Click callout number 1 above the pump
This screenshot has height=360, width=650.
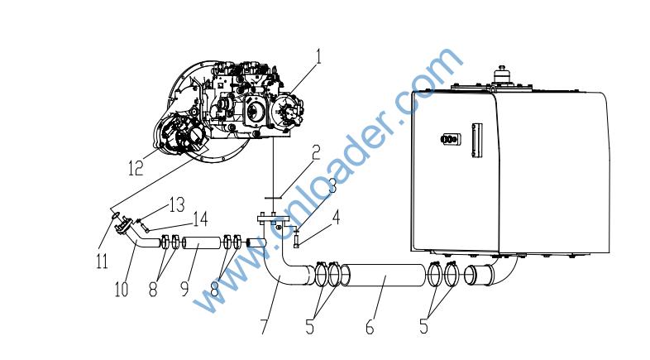pos(318,56)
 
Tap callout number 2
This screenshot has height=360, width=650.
pos(316,152)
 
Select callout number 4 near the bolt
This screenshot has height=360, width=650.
pos(337,217)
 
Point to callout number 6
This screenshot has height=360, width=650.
pos(370,327)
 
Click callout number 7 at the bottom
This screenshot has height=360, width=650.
pos(264,326)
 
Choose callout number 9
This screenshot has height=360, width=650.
pos(185,289)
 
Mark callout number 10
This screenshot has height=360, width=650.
pos(122,289)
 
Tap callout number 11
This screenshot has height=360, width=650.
pos(102,262)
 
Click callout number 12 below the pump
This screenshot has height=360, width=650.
pos(136,168)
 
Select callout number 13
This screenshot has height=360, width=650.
pos(177,204)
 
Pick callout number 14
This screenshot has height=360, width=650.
pos(200,219)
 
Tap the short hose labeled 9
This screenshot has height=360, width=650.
pos(201,242)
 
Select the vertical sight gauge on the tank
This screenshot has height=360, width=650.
pos(476,140)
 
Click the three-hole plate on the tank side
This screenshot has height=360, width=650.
pos(451,139)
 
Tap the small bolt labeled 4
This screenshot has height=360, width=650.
pos(296,240)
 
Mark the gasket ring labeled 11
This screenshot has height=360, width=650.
pos(116,215)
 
